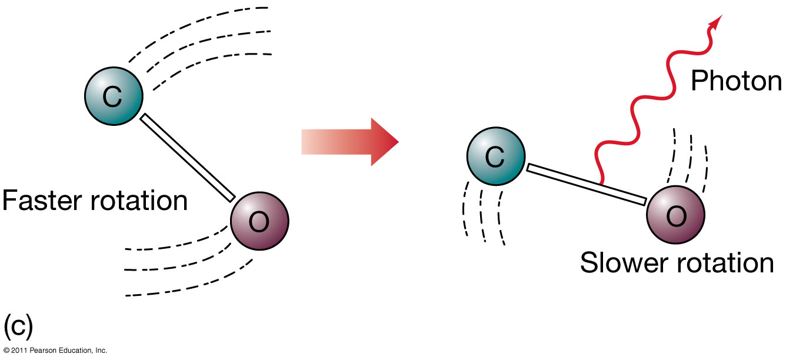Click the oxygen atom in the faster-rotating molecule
pyautogui.click(x=259, y=220)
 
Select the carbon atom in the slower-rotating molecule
pyautogui.click(x=495, y=156)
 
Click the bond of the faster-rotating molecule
pyautogui.click(x=187, y=157)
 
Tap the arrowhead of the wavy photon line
pyautogui.click(x=715, y=22)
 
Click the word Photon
pyautogui.click(x=736, y=80)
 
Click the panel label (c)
pyautogui.click(x=18, y=324)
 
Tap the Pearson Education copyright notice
pyautogui.click(x=54, y=351)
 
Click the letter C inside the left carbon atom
pyautogui.click(x=112, y=97)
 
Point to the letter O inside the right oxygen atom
pyautogui.click(x=676, y=217)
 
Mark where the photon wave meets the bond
pyautogui.click(x=600, y=183)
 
